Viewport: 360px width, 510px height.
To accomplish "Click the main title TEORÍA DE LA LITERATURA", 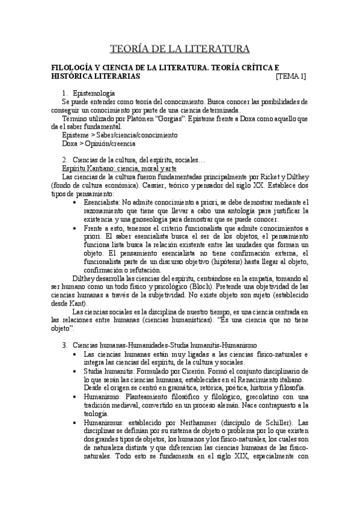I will pos(180,48).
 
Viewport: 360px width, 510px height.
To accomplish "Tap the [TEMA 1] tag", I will pos(290,76).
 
